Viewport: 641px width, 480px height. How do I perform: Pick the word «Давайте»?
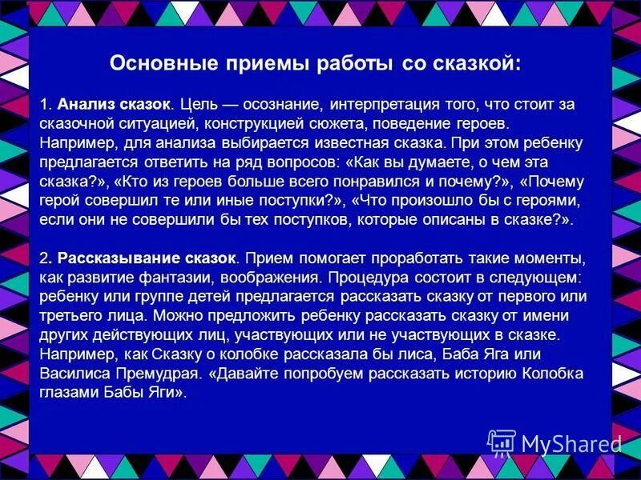(244, 374)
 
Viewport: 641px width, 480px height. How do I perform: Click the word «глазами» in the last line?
(66, 393)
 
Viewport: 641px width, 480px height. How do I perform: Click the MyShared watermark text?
(570, 443)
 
